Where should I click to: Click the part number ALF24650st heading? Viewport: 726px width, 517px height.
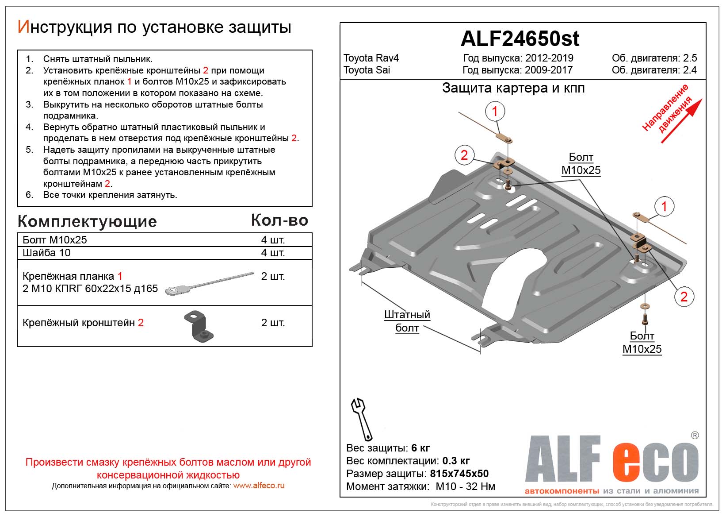coord(520,39)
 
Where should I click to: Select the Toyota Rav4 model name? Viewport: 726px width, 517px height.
coord(371,58)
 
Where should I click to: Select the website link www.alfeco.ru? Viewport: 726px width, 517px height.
coord(259,486)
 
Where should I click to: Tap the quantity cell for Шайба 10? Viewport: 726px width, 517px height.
coord(273,253)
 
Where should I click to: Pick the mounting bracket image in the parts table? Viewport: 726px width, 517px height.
coord(199,327)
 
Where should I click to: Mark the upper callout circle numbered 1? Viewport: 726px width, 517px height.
coord(495,111)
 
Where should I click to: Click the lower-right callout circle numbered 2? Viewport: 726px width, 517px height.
coord(684,297)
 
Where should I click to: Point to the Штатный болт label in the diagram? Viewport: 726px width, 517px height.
coord(407,321)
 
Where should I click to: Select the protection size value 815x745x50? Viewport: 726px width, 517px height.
coord(459,474)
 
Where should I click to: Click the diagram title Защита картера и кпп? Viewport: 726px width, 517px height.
coord(513,88)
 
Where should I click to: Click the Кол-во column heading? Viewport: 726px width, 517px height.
coord(279,220)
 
